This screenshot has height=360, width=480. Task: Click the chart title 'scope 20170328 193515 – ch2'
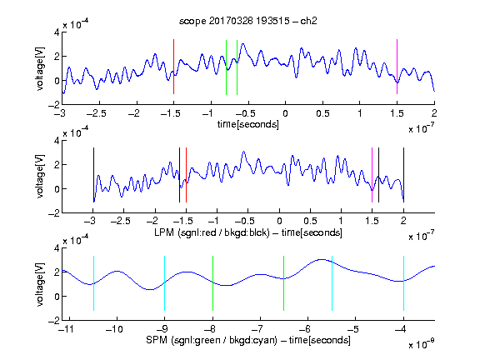coord(248,21)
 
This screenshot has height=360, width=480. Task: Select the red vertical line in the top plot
coord(173,67)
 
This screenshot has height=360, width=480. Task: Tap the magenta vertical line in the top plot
coord(397,67)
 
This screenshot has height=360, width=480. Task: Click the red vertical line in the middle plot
coord(186,175)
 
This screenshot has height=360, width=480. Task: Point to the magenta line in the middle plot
coord(372,175)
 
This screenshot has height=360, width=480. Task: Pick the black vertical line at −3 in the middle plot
coord(93,175)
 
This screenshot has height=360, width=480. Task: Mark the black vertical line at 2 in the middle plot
coord(403,175)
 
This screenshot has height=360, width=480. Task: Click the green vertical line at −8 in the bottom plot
coord(212,283)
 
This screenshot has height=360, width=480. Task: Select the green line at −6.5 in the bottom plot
coord(284,283)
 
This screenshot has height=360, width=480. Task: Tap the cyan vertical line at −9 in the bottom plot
coord(164,283)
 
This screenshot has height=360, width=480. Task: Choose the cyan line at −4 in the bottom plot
coord(403,283)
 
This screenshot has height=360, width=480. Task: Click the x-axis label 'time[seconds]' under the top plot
coord(248,124)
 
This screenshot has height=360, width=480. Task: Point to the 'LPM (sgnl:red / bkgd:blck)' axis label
coord(212,232)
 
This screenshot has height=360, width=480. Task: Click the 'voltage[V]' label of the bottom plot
coord(40,285)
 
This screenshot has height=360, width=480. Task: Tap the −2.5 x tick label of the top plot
coord(97,113)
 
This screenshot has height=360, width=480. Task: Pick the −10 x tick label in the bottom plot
coord(114,329)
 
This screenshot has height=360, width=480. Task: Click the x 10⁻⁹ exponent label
coord(422,344)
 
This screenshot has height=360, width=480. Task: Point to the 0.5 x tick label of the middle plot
coord(310,221)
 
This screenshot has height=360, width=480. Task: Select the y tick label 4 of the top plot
coord(57,32)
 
